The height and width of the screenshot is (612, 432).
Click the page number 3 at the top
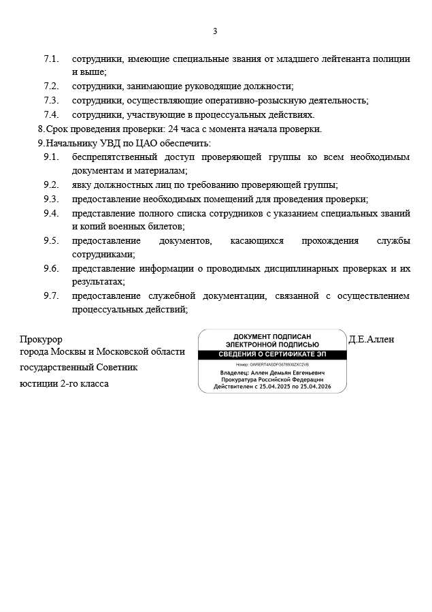point(215,31)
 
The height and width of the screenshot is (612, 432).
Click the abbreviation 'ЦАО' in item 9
point(145,144)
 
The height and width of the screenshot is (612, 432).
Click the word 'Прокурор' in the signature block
point(41,339)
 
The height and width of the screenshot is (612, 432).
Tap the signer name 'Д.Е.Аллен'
point(371,339)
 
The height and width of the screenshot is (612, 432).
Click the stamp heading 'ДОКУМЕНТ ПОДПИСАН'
point(272,337)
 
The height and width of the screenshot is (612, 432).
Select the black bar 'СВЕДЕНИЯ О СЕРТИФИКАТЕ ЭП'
point(272,355)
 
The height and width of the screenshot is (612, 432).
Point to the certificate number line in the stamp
point(272,366)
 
